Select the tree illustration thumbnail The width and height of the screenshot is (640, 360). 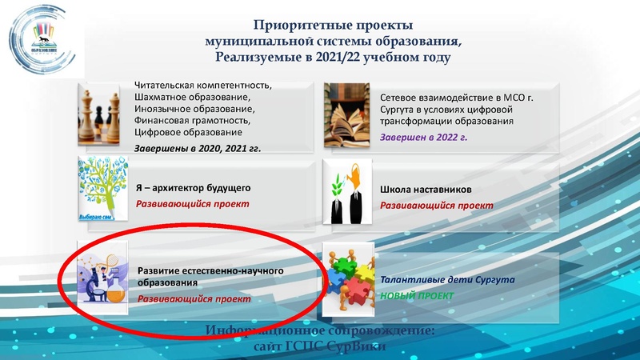(104, 190)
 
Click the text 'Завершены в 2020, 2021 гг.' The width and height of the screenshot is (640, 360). (197, 148)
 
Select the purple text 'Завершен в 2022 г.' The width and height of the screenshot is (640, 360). (423, 138)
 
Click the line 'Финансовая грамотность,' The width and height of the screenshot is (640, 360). (192, 120)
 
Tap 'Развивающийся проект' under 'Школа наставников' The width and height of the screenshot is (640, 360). (425, 206)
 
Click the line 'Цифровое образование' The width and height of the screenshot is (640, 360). (189, 131)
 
